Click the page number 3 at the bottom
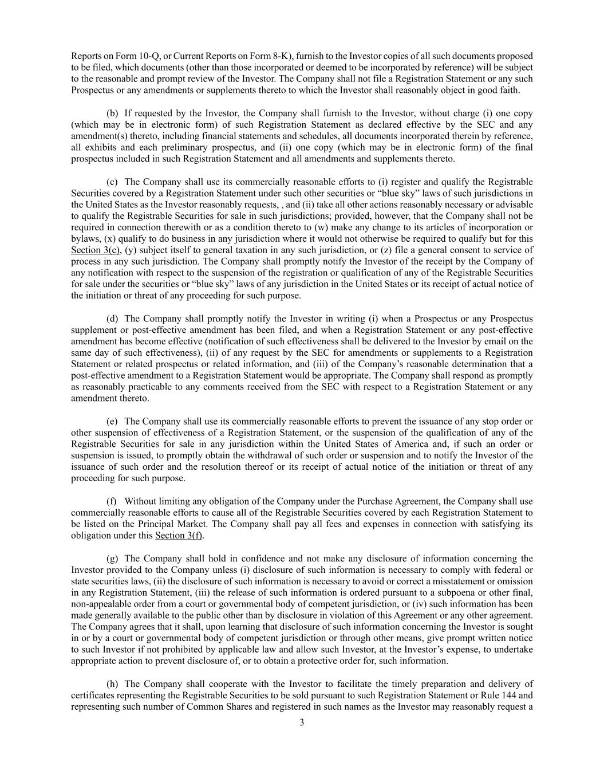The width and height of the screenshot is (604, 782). (x=302, y=722)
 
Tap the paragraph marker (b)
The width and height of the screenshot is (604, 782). (x=112, y=113)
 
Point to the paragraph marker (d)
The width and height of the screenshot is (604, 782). (x=112, y=319)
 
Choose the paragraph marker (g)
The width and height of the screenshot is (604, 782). (x=112, y=558)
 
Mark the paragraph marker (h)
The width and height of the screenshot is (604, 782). (x=112, y=683)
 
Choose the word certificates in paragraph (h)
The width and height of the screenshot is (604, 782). (x=92, y=695)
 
